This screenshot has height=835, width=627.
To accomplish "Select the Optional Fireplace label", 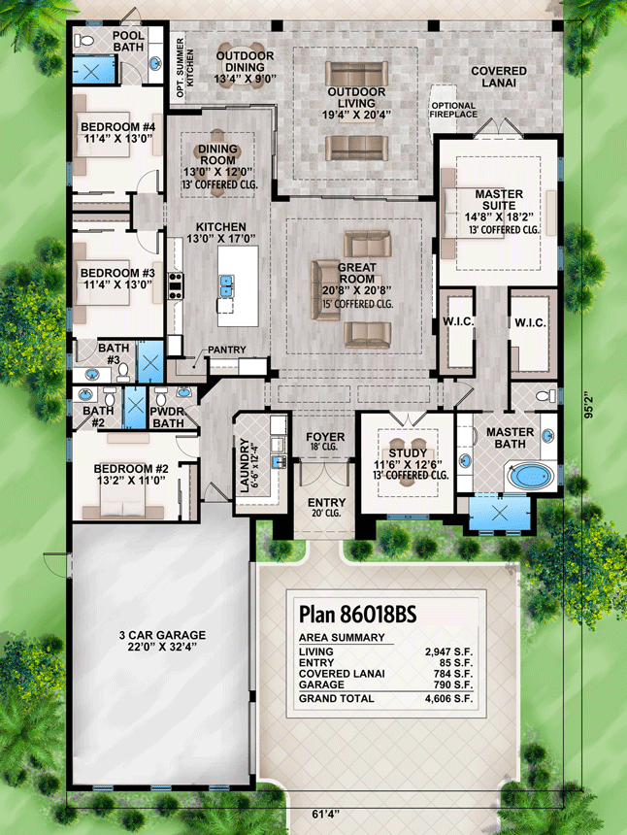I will coord(454,109).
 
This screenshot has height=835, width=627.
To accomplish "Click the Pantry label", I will coord(225,351).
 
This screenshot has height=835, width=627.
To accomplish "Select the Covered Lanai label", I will coord(499,78).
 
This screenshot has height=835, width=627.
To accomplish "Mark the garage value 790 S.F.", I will coord(449,685).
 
